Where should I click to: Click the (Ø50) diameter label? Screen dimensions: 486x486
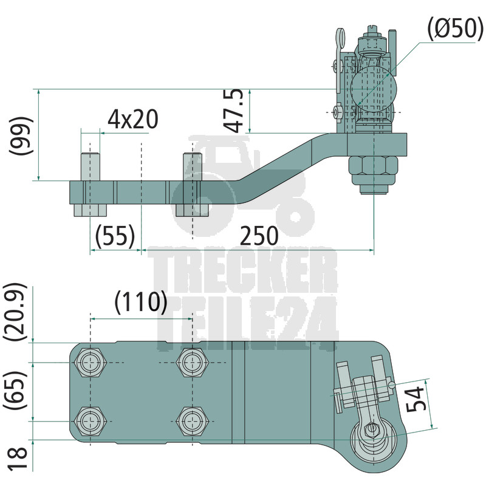tap(455, 29)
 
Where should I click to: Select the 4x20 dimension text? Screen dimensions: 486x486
tap(132, 119)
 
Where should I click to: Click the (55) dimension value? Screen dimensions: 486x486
tap(115, 236)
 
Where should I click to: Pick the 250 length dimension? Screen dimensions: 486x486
tap(259, 236)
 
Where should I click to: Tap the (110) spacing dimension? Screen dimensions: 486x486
tap(141, 302)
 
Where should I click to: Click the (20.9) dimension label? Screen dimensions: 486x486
tap(15, 312)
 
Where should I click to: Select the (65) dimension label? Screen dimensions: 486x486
tap(15, 390)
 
